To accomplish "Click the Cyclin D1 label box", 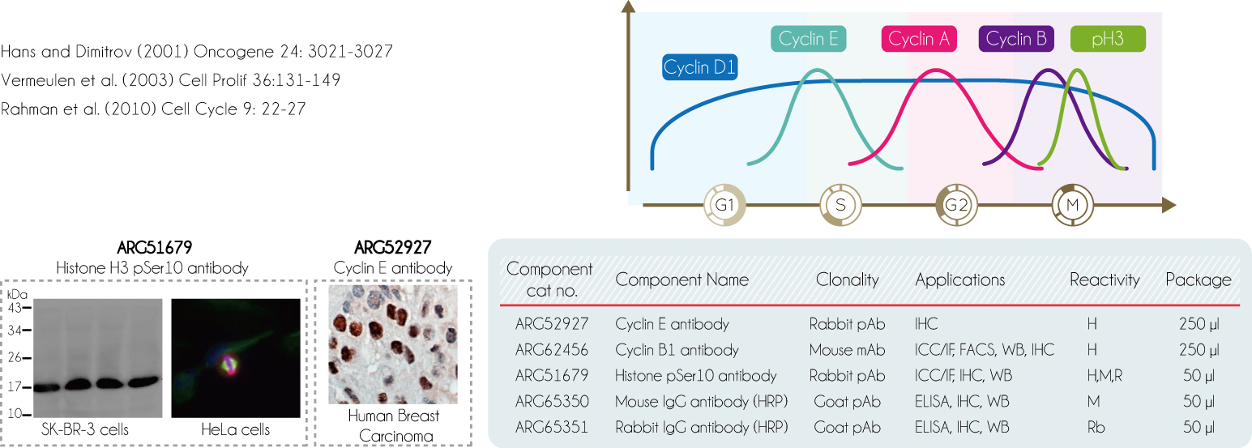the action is tap(700, 67).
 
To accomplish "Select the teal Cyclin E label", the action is tap(808, 39).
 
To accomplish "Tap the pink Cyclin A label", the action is tap(919, 39).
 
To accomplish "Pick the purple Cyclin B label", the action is tap(1016, 39).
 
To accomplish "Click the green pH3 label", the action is tap(1108, 39).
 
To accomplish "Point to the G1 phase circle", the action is tap(724, 205).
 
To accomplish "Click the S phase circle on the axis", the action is tap(840, 205).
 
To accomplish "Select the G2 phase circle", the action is tap(956, 205).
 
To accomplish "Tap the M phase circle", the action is tap(1072, 205).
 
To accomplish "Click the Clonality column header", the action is tap(848, 279).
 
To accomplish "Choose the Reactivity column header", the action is tap(1105, 279).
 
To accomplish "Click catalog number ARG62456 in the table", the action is tap(552, 350).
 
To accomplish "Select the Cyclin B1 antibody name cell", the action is tap(677, 350).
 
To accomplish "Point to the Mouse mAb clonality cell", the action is tap(847, 350).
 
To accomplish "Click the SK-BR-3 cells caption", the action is tap(85, 429).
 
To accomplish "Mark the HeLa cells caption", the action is tap(235, 429).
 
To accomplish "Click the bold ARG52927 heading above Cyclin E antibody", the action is tap(393, 247).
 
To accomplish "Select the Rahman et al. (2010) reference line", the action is tap(153, 109).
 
